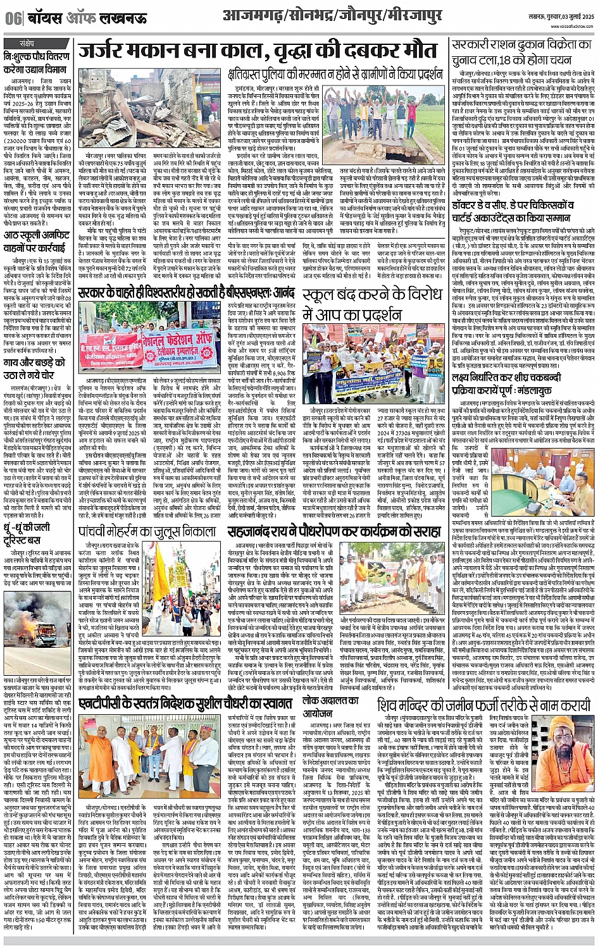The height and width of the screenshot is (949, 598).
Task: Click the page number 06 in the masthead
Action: [12, 18]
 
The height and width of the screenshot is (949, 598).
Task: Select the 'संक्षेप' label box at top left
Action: [26, 43]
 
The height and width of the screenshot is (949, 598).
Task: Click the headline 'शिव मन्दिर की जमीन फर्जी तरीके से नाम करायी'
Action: [483, 704]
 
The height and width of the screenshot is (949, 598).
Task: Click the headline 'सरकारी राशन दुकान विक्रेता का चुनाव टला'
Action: [522, 54]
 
